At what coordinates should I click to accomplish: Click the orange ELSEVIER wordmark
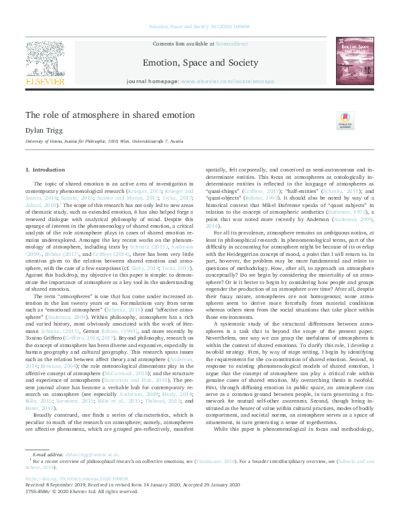[x=46, y=81]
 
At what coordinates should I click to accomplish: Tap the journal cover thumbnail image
[x=355, y=61]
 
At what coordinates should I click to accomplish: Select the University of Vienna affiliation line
[x=104, y=142]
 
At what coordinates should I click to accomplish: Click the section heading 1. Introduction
[x=45, y=170]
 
